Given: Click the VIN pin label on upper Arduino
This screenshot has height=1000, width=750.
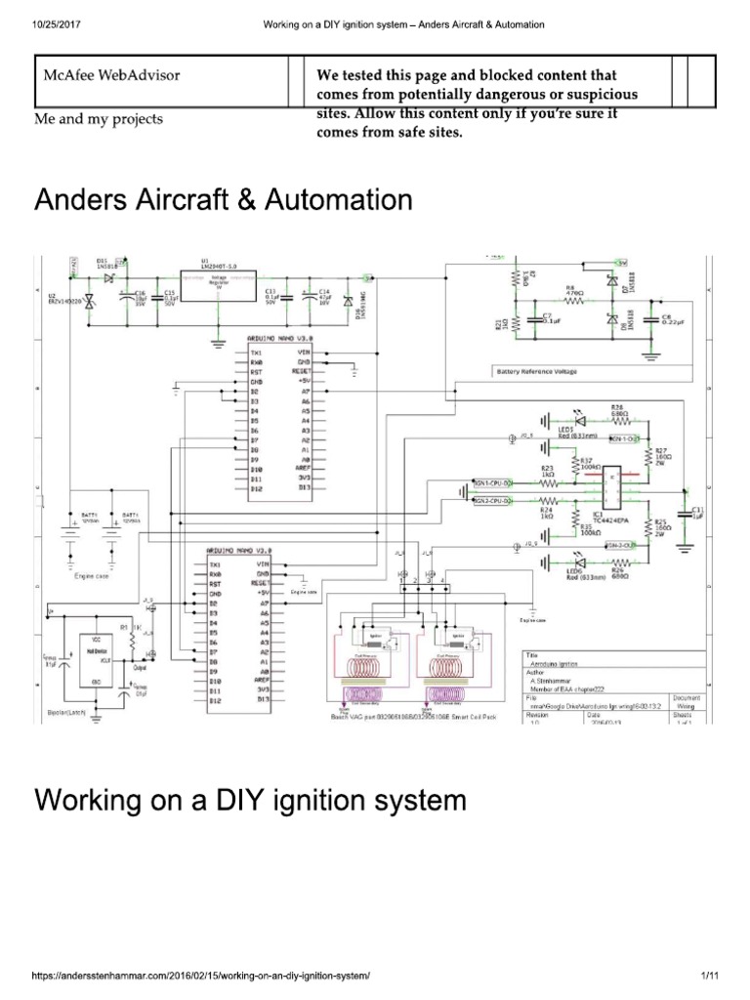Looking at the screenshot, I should [304, 353].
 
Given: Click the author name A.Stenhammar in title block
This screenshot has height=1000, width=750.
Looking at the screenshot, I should [552, 680].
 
